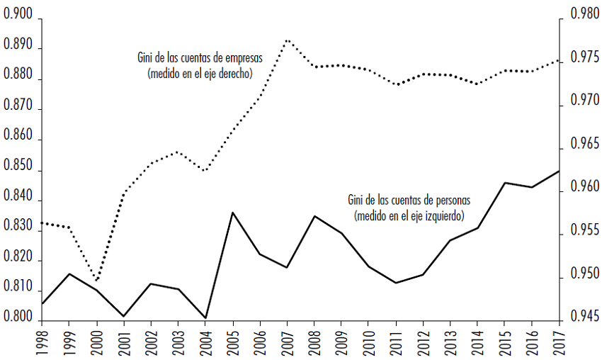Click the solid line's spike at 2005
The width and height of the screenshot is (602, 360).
tap(233, 213)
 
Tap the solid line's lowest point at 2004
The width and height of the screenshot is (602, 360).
tap(206, 318)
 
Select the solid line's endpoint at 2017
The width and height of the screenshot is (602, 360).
tap(560, 171)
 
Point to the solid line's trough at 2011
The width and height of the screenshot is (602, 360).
tap(396, 283)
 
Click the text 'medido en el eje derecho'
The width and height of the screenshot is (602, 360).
tap(200, 73)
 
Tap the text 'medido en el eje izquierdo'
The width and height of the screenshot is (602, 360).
tap(408, 215)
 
